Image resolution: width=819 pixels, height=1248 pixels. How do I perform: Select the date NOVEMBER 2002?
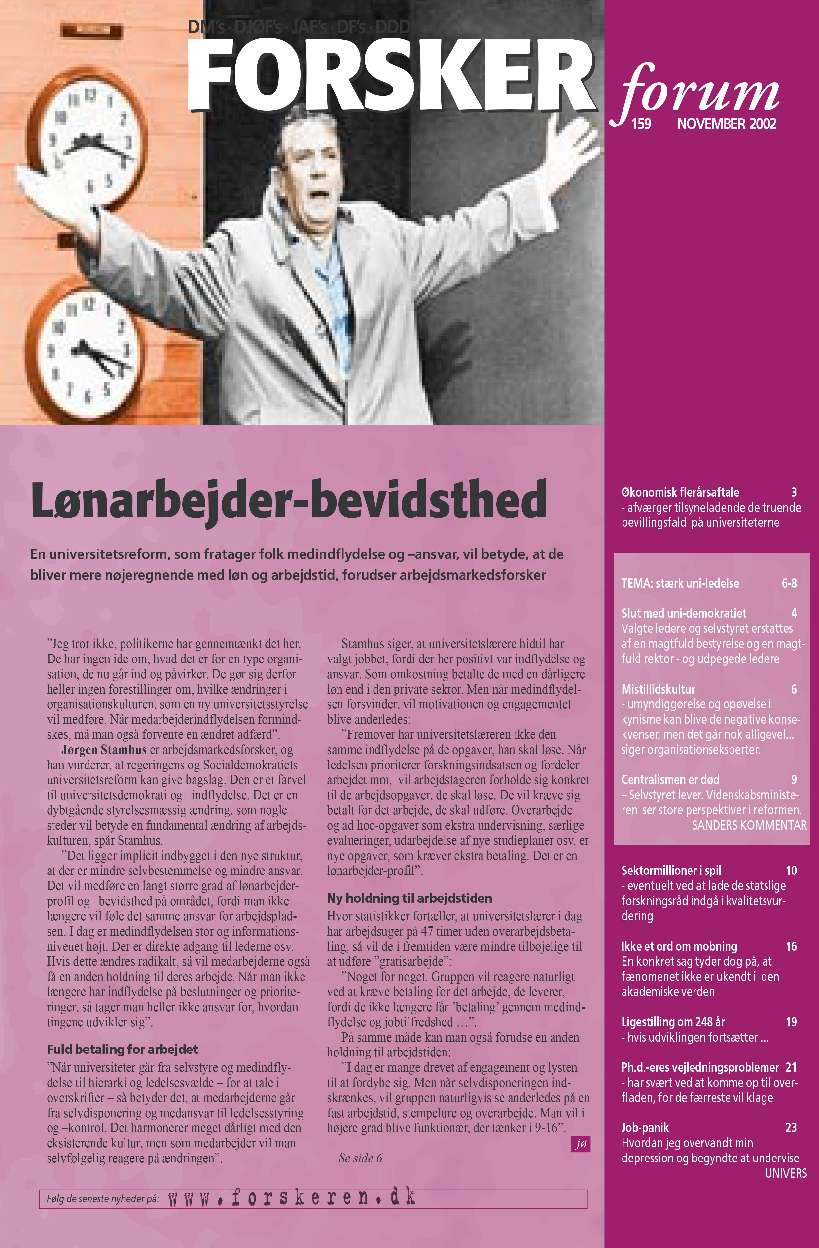coord(726,124)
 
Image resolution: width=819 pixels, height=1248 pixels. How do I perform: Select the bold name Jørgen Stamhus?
coord(104,750)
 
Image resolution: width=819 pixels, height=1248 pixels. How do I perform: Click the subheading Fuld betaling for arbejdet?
coord(122,1049)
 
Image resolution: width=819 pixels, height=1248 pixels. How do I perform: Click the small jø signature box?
coord(581,1144)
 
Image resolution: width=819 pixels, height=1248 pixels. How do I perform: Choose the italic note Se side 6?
coord(360,1158)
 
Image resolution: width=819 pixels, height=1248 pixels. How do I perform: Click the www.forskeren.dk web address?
coord(292,1198)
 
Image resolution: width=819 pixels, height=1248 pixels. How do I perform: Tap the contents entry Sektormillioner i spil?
coord(671,871)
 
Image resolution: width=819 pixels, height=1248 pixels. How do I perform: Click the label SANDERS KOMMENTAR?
coord(749,825)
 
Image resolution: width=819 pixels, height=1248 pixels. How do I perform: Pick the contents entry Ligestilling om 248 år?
coord(673,1022)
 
